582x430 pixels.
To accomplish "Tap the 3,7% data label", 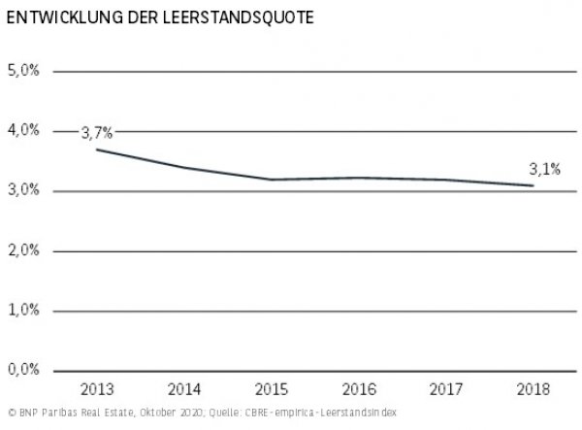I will [97, 133].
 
